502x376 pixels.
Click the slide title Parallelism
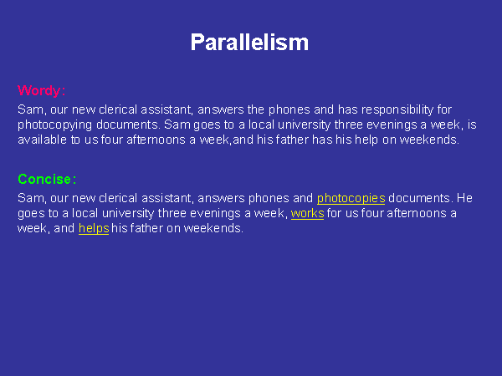pos(249,42)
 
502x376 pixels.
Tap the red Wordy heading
pos(41,91)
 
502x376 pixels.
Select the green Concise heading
pos(47,179)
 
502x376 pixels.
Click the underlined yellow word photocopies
pos(351,199)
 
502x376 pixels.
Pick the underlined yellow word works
pos(307,213)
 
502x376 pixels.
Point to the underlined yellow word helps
pos(94,229)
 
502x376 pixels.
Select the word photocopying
pos(55,125)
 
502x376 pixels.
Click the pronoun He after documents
pos(464,198)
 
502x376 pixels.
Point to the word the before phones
pos(256,109)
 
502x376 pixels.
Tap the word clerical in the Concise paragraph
pos(118,198)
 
